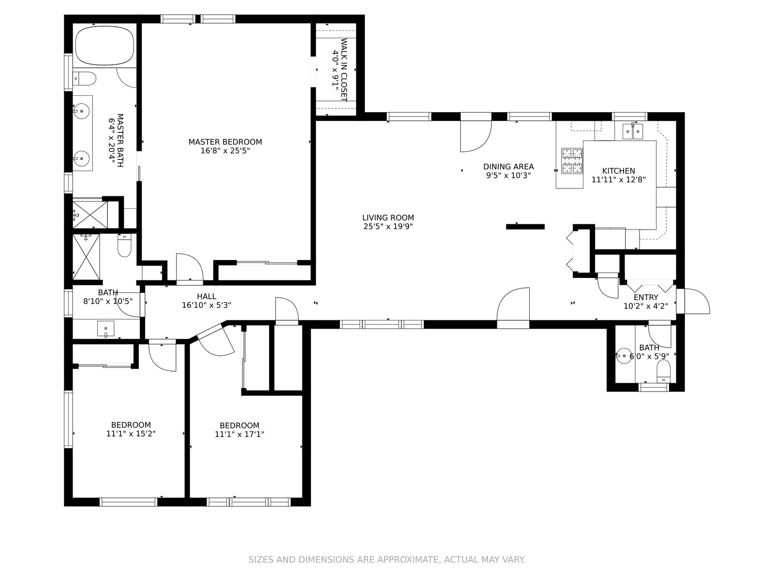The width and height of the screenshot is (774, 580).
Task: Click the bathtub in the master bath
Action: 104,45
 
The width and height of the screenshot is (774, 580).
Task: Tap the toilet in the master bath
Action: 85,78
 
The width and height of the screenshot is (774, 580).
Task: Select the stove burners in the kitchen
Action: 572,160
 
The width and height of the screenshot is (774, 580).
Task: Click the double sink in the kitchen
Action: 633,131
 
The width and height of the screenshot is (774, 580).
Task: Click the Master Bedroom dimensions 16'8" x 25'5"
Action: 225,151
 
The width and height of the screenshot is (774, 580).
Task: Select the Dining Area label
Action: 508,167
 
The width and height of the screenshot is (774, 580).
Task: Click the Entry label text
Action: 646,297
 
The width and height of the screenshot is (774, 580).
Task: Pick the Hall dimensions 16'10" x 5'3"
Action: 206,305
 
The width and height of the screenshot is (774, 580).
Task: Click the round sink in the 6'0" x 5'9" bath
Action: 624,356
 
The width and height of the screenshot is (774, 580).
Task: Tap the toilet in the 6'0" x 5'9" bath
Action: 663,371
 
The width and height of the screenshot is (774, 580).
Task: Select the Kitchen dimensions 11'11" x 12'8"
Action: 619,180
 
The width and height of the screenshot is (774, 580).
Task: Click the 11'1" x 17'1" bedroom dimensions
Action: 239,434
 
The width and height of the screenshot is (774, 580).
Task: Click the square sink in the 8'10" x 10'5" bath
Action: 105,329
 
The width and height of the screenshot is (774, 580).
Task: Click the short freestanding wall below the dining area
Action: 525,227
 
